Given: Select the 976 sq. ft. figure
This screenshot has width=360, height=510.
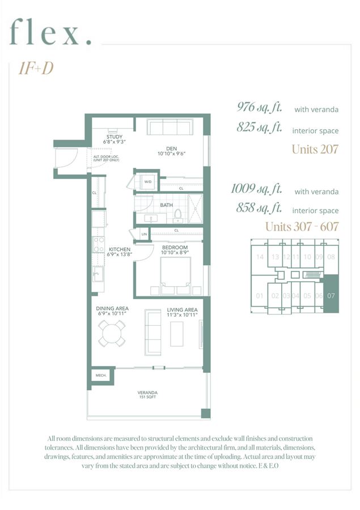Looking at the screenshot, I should pyautogui.click(x=260, y=107).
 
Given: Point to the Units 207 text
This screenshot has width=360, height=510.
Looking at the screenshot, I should pyautogui.click(x=315, y=150).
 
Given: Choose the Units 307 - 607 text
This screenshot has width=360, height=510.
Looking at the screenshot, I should pyautogui.click(x=302, y=227).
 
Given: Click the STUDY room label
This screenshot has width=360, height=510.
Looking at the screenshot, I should pyautogui.click(x=114, y=137).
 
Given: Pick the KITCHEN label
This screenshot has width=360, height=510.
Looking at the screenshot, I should pyautogui.click(x=120, y=249).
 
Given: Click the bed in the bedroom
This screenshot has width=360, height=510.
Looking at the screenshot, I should pyautogui.click(x=176, y=276).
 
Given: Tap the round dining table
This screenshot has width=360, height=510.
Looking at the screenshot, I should pyautogui.click(x=112, y=334).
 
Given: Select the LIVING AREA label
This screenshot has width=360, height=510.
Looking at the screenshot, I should pyautogui.click(x=182, y=309).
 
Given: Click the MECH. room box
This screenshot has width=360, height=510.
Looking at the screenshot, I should pyautogui.click(x=100, y=375).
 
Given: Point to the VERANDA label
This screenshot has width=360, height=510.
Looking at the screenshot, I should pyautogui.click(x=147, y=392).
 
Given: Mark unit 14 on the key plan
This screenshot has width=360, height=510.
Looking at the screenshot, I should pyautogui.click(x=260, y=257).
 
